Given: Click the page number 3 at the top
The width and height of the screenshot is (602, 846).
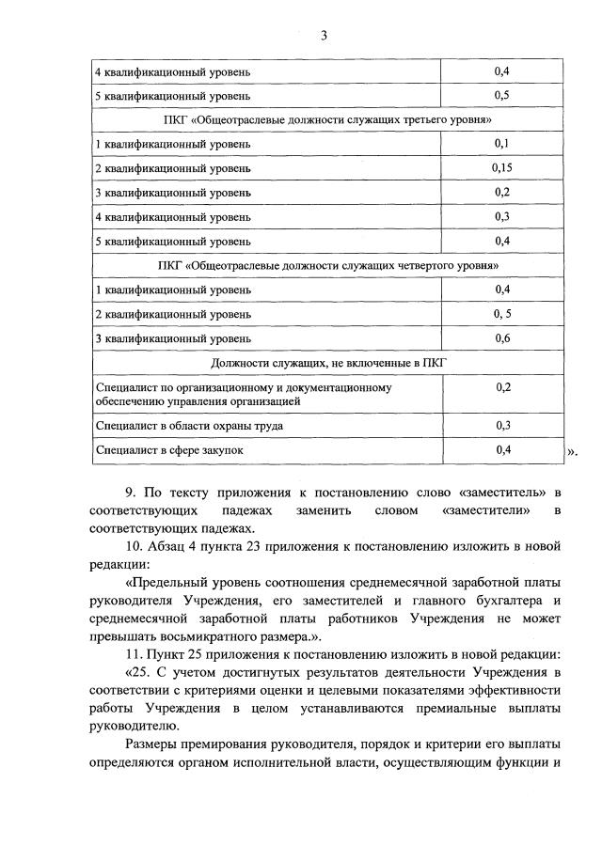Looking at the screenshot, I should [323, 37].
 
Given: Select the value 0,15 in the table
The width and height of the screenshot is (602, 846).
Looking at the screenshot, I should [502, 168].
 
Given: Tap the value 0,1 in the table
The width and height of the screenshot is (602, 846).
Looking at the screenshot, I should [502, 143].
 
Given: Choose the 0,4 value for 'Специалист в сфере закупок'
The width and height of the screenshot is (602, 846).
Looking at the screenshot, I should [502, 450].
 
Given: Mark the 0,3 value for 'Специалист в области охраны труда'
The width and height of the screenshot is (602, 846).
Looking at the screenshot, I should [502, 426].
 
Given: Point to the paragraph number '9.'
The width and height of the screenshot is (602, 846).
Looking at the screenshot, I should [131, 492].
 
